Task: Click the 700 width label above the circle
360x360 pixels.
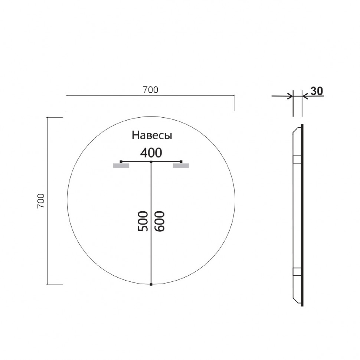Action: click(x=150, y=89)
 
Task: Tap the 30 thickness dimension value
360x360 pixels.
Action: click(x=316, y=91)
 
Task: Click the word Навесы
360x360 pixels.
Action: click(x=152, y=136)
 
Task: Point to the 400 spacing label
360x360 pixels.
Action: click(x=151, y=152)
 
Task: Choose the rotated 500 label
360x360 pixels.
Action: click(x=143, y=221)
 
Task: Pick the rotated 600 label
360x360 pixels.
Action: click(x=159, y=221)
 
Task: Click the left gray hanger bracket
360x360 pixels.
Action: click(x=121, y=166)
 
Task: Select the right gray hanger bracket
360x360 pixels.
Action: click(x=181, y=166)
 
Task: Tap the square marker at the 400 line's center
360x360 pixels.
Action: click(x=151, y=162)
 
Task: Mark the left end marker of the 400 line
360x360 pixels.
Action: click(x=121, y=161)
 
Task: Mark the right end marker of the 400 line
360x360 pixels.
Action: click(x=181, y=161)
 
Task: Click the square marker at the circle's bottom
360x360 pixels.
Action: click(x=151, y=285)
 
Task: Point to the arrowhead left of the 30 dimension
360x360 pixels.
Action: click(x=289, y=96)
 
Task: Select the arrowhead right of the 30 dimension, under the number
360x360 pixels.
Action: click(x=305, y=96)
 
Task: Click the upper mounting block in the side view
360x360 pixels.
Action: click(x=297, y=160)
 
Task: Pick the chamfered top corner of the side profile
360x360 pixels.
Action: click(x=295, y=130)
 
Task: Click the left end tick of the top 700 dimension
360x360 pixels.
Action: click(x=67, y=103)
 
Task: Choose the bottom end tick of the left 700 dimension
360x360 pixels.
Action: click(x=55, y=284)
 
